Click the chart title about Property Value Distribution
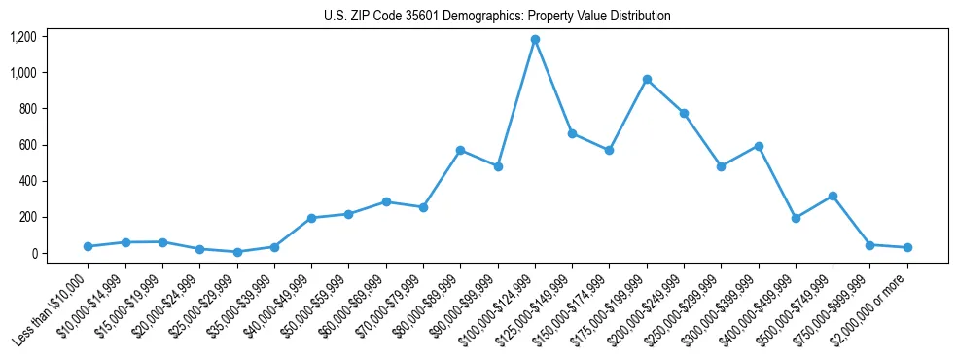click(x=497, y=17)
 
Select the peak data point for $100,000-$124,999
click(x=535, y=40)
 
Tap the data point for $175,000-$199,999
click(x=647, y=79)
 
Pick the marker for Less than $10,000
click(x=88, y=246)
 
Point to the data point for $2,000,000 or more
click(x=907, y=247)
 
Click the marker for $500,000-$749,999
click(x=833, y=196)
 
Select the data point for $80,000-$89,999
click(x=460, y=150)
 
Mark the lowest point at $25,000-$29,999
click(x=236, y=252)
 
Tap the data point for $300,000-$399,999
click(x=759, y=146)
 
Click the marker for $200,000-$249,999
click(x=684, y=113)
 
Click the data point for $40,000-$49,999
click(x=311, y=218)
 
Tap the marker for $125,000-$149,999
click(x=572, y=133)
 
